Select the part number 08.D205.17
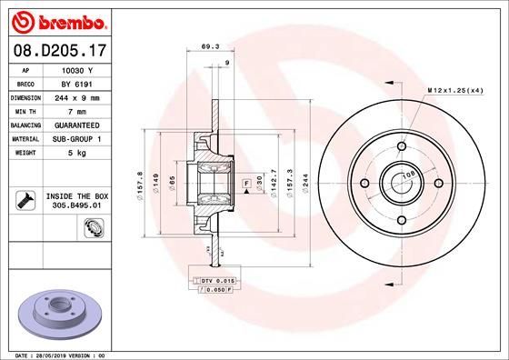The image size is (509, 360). [59, 54]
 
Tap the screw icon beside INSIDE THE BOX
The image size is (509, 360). [27, 199]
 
